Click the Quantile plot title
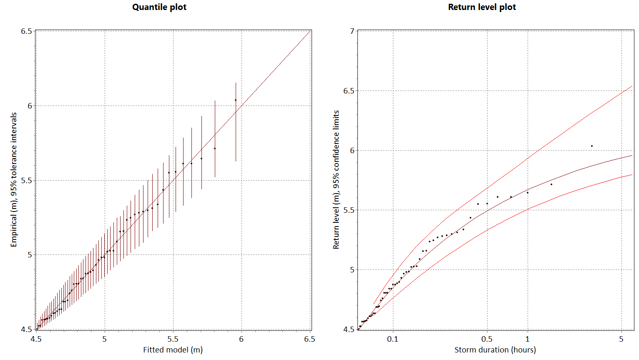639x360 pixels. click(x=159, y=7)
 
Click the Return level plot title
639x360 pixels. click(x=482, y=7)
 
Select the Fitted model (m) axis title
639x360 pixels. click(x=173, y=350)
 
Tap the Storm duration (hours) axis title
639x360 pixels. click(x=495, y=350)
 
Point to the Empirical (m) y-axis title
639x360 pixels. click(x=14, y=179)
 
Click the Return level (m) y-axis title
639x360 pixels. click(x=336, y=179)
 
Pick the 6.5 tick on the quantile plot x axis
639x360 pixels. click(x=309, y=339)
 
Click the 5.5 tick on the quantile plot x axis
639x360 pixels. click(x=173, y=339)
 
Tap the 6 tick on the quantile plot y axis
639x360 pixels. click(x=30, y=106)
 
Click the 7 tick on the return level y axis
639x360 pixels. click(x=352, y=31)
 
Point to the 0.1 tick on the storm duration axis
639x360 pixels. click(x=392, y=339)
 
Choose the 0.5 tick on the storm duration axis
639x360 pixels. click(x=487, y=339)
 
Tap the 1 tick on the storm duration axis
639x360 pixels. click(x=528, y=339)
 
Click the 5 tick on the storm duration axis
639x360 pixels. click(x=621, y=339)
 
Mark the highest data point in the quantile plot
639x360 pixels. click(x=236, y=100)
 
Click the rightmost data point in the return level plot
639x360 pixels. click(x=592, y=146)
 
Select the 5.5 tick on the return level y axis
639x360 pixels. click(x=349, y=210)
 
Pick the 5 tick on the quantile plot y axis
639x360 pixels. click(x=30, y=255)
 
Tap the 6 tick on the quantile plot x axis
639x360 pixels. click(x=241, y=339)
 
